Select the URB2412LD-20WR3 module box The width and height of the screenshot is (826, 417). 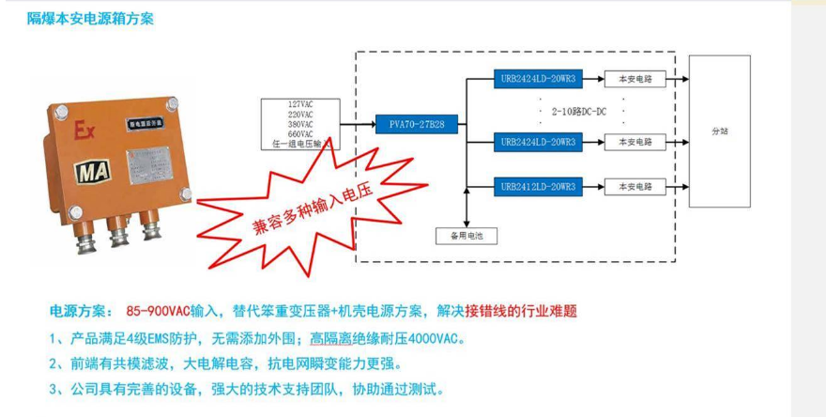click(538, 187)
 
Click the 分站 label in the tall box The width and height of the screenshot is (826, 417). click(720, 131)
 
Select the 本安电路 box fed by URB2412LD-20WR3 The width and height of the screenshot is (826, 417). click(634, 187)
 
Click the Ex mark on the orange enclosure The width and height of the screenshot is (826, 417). click(83, 131)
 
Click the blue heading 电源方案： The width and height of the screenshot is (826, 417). click(81, 311)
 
